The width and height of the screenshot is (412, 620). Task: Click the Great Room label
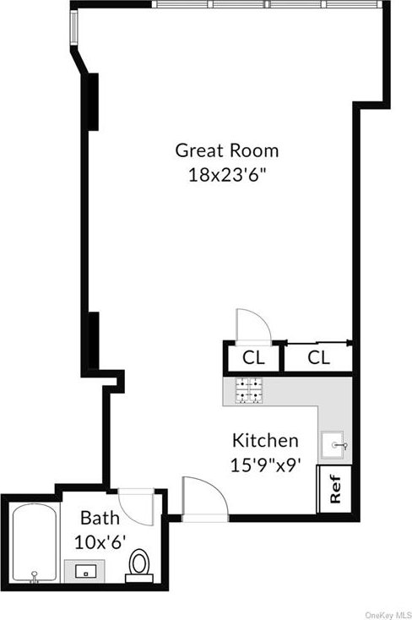(226, 150)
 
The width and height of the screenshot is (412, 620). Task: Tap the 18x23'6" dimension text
(226, 174)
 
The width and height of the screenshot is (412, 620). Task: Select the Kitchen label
(265, 440)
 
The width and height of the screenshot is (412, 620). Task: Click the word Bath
(100, 518)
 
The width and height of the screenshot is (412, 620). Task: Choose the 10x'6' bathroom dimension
(100, 542)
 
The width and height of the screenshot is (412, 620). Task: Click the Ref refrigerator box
(334, 489)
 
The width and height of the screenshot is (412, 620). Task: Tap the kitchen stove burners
(249, 391)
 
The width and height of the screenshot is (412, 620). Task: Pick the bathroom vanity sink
(85, 571)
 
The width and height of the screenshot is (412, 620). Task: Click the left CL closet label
(253, 358)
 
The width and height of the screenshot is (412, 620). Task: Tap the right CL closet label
(318, 358)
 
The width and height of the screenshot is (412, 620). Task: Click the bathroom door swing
(137, 507)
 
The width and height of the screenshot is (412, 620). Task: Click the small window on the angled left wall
(74, 27)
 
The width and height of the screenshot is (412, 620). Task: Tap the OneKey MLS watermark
(388, 615)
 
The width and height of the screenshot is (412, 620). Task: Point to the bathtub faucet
(35, 576)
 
